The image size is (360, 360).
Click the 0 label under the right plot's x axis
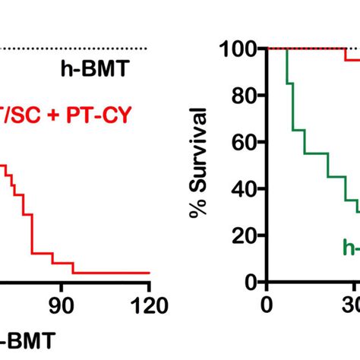266,305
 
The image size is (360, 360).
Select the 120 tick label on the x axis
149,305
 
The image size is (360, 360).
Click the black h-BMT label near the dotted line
95,72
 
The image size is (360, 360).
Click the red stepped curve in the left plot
32,228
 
